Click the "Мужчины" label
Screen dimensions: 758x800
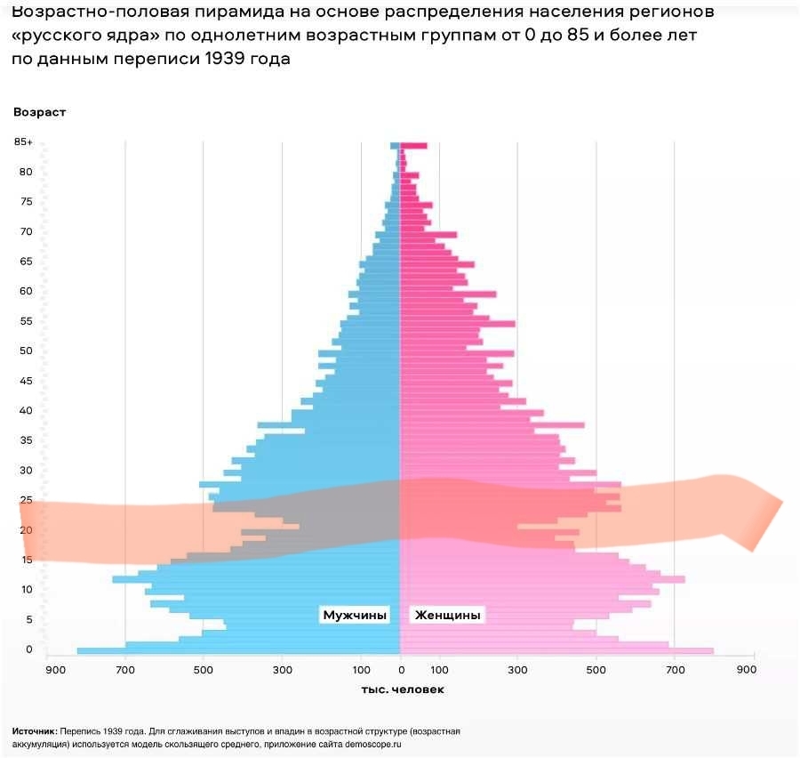click(355, 615)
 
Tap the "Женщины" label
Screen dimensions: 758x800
click(448, 615)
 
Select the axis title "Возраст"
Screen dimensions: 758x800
click(39, 112)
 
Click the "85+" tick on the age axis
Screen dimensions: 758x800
click(23, 142)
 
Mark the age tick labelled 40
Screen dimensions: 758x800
click(27, 411)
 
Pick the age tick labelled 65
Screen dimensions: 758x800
click(27, 262)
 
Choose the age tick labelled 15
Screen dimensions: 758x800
click(27, 560)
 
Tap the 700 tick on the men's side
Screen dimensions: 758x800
click(125, 670)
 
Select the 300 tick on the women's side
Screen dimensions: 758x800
click(517, 670)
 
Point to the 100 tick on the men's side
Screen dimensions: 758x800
click(360, 670)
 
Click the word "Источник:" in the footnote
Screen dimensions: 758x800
click(35, 731)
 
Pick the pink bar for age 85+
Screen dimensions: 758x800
click(413, 145)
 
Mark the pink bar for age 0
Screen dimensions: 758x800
click(556, 651)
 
